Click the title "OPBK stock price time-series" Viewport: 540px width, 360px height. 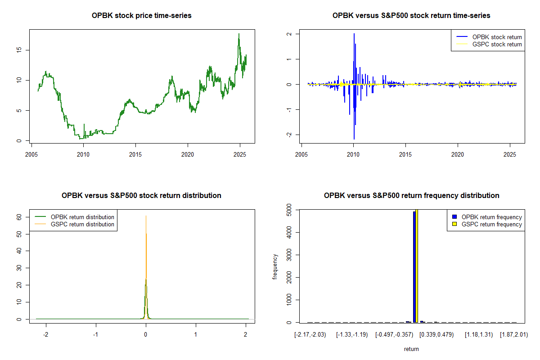142,16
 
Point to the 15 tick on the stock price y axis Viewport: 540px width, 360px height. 19,50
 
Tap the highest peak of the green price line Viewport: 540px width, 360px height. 239,34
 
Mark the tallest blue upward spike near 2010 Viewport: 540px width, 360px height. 354,34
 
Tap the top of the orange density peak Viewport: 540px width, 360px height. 146,216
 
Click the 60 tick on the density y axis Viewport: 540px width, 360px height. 19,216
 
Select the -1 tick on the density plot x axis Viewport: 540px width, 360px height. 95,335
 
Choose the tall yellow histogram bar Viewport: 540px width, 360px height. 417,265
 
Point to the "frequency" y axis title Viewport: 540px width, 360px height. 275,266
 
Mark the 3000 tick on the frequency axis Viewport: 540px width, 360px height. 289,255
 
